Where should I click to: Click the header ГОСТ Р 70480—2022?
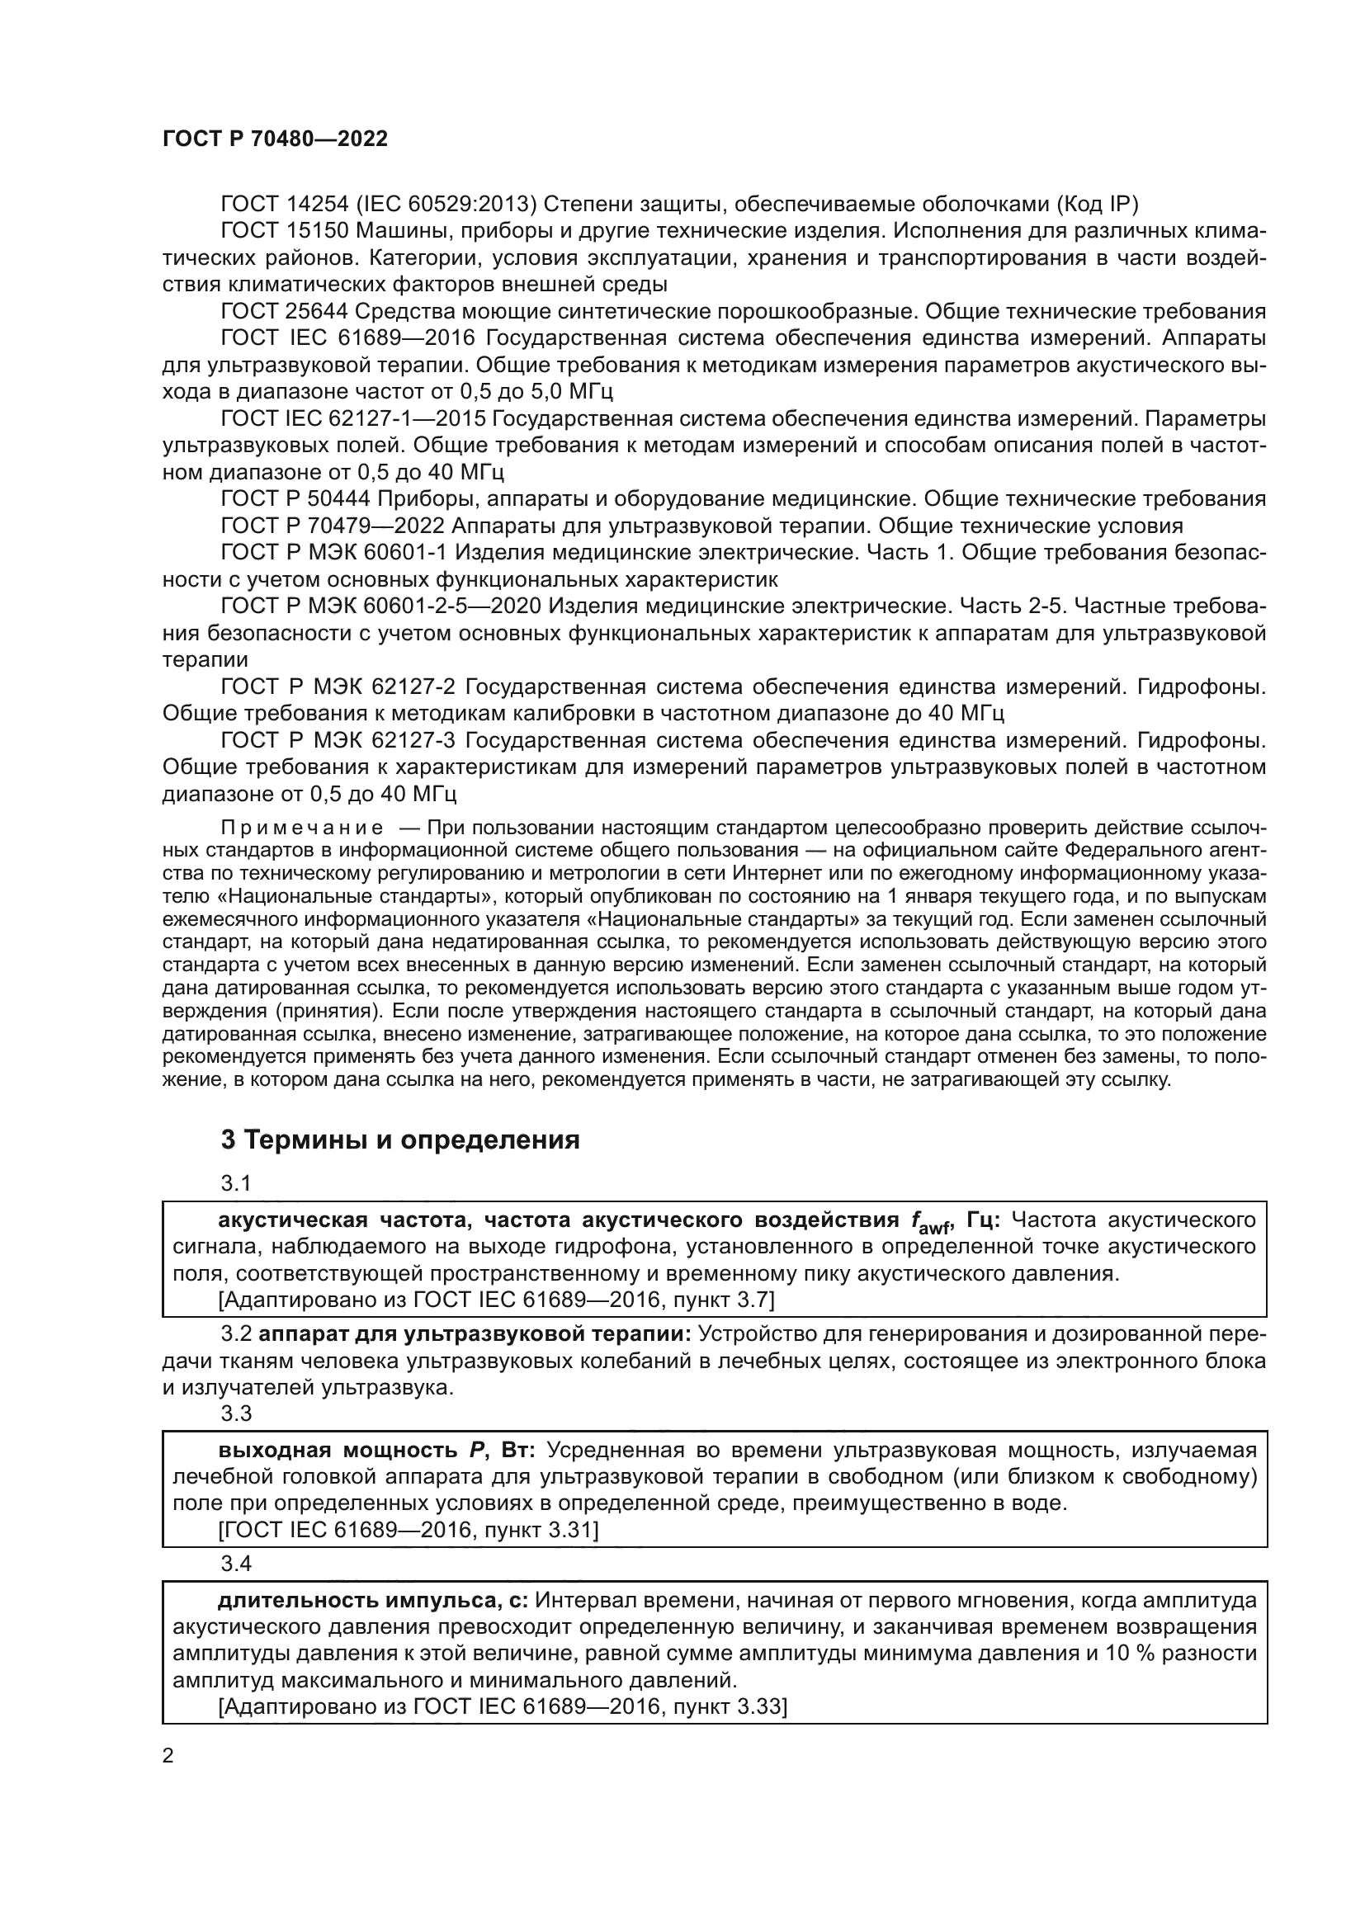pyautogui.click(x=275, y=139)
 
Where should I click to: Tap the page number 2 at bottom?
pyautogui.click(x=168, y=1755)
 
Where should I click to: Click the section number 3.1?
pyautogui.click(x=236, y=1182)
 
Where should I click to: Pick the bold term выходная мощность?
pyautogui.click(x=336, y=1451)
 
